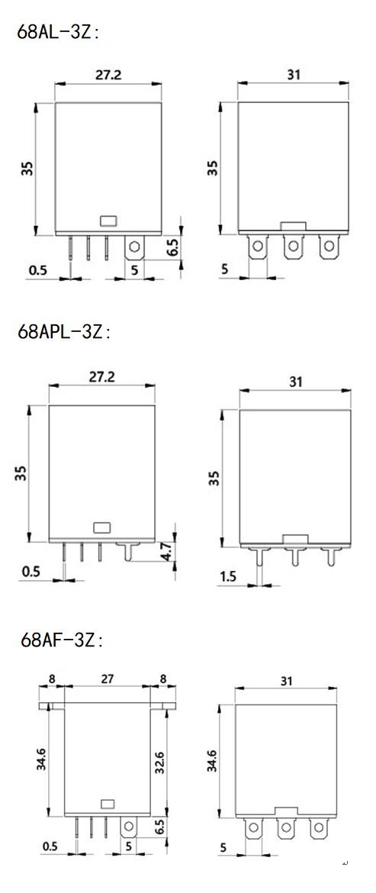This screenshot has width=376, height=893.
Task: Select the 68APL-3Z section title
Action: [64, 331]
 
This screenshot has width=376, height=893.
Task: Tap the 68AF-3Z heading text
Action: [62, 640]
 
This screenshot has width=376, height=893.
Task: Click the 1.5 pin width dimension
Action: [228, 577]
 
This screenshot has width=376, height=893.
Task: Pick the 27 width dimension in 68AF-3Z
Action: [108, 679]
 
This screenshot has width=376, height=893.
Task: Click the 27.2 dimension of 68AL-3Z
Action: [108, 75]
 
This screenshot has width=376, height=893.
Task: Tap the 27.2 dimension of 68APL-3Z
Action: [102, 376]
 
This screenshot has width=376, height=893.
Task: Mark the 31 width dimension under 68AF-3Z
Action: [286, 680]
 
